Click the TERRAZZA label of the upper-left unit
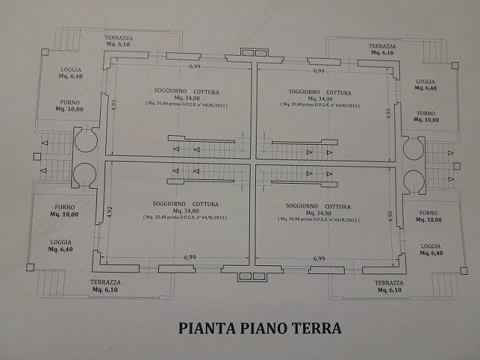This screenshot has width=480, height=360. (x=118, y=37)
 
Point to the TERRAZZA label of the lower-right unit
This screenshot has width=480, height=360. (x=387, y=283)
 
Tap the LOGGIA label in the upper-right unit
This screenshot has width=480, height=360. (x=426, y=81)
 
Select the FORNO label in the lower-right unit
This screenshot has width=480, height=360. (x=428, y=212)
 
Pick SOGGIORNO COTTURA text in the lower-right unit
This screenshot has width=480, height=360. (x=319, y=202)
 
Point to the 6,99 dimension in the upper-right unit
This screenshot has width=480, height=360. (x=318, y=71)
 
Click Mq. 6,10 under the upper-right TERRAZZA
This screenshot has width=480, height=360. (x=382, y=53)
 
